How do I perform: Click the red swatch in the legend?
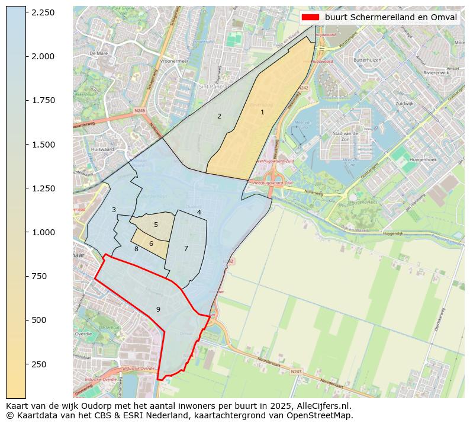(310, 17)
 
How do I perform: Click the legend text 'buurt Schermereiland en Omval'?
(391, 17)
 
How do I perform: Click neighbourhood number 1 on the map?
(262, 112)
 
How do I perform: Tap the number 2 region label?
(219, 116)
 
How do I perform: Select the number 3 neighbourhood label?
(114, 210)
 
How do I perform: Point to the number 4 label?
(199, 212)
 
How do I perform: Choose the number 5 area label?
(156, 225)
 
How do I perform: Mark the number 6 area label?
(151, 244)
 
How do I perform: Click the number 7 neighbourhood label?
(186, 248)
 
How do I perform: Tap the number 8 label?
(136, 249)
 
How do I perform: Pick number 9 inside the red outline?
(158, 309)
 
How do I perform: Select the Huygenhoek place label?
(423, 160)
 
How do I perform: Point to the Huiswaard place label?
(102, 149)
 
